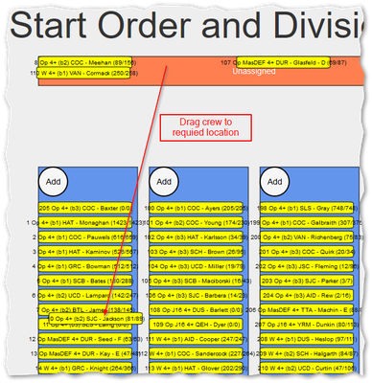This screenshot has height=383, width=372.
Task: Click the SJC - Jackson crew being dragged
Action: click(x=95, y=318)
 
